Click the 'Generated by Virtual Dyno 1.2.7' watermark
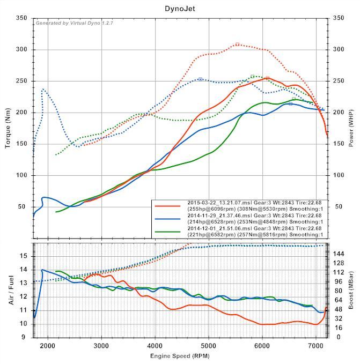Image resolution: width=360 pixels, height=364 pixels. pyautogui.click(x=74, y=23)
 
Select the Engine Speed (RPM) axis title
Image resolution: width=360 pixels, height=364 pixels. pyautogui.click(x=180, y=356)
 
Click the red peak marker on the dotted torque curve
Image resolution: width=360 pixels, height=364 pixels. pyautogui.click(x=237, y=44)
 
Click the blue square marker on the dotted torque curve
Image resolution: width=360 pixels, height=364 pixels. pyautogui.click(x=200, y=79)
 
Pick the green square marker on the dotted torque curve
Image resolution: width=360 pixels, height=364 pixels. pyautogui.click(x=252, y=77)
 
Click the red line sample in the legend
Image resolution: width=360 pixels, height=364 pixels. pyautogui.click(x=167, y=205)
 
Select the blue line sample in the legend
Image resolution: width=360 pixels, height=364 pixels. pyautogui.click(x=167, y=219)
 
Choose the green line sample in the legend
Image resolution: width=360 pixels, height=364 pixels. pyautogui.click(x=167, y=232)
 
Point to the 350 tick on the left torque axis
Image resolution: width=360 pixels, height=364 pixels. pyautogui.click(x=21, y=18)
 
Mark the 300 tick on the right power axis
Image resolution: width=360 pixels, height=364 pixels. pyautogui.click(x=338, y=50)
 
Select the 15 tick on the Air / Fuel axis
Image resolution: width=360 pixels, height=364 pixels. pyautogui.click(x=23, y=256)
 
